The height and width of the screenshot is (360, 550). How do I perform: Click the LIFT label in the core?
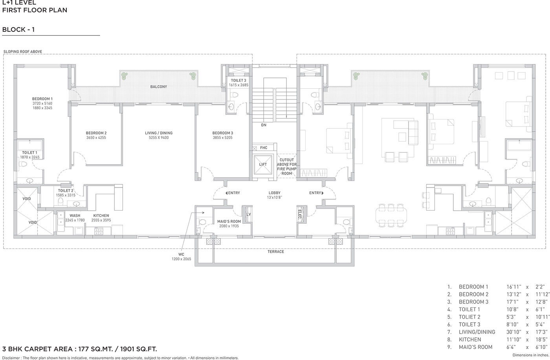coord(263,164)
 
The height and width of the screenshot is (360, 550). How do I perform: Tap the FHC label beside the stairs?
coord(264,148)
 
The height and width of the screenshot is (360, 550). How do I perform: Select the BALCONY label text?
coord(159,87)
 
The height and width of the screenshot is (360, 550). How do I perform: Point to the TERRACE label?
coord(276,252)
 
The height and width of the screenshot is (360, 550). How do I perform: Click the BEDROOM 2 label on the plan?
coord(96,133)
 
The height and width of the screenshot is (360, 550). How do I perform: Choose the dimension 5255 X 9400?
coord(159,138)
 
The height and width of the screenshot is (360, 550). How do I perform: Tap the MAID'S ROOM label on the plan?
coord(229,222)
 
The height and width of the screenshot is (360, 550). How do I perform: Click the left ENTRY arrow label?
coord(233,193)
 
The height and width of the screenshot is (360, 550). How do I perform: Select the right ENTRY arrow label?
coord(316,193)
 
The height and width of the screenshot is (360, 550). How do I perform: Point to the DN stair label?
coord(264,125)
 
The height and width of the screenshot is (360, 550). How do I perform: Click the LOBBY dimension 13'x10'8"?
coord(275,197)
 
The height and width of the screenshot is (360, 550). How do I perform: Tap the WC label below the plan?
coord(181,254)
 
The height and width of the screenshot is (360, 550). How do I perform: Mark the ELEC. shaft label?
coord(300,214)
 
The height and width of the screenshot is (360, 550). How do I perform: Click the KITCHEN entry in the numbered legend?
coord(470,340)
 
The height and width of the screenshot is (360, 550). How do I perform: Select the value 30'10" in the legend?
coord(514,332)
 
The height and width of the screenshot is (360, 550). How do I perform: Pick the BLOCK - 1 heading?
coord(18,29)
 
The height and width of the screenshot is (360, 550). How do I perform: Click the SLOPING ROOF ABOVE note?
coord(23,51)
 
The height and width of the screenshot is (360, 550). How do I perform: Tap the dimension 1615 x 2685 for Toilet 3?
coord(239,85)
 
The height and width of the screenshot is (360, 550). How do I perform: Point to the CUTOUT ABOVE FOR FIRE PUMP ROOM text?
coord(286,167)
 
